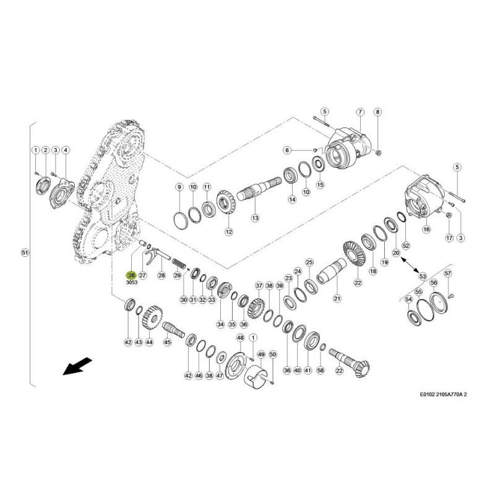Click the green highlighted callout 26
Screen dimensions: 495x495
(x=131, y=275)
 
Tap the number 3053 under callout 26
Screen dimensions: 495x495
(x=131, y=283)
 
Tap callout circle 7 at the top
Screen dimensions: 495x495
(x=359, y=112)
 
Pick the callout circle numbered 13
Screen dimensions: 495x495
(x=255, y=218)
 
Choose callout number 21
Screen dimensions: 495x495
(x=337, y=299)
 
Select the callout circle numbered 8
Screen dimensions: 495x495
(x=379, y=112)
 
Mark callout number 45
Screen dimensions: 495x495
(x=167, y=342)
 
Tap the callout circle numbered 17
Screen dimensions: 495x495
(x=449, y=238)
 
